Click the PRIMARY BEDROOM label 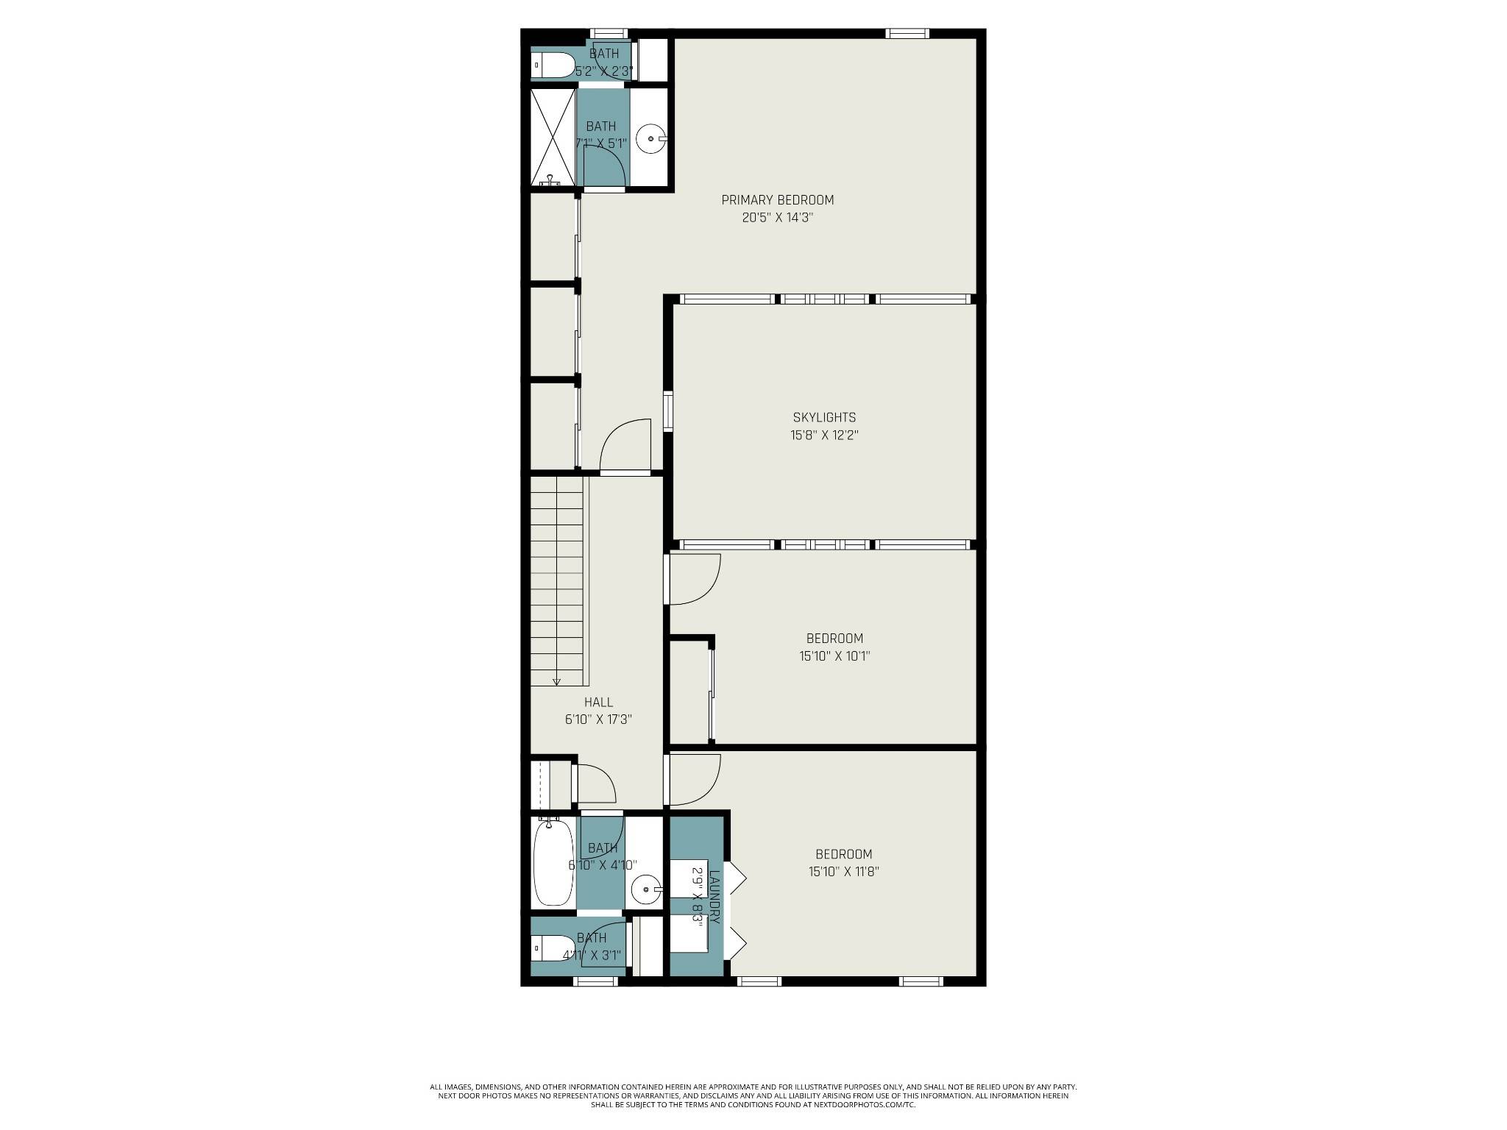777,200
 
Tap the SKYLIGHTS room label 824,418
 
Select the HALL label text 598,703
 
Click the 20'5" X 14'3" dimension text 777,218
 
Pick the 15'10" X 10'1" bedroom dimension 834,656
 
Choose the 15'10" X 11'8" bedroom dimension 843,873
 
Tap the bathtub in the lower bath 553,864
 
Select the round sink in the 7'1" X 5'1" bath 650,138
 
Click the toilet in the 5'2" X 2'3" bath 553,65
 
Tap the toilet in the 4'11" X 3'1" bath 553,948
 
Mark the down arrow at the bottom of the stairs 556,681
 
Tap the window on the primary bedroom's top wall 907,33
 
